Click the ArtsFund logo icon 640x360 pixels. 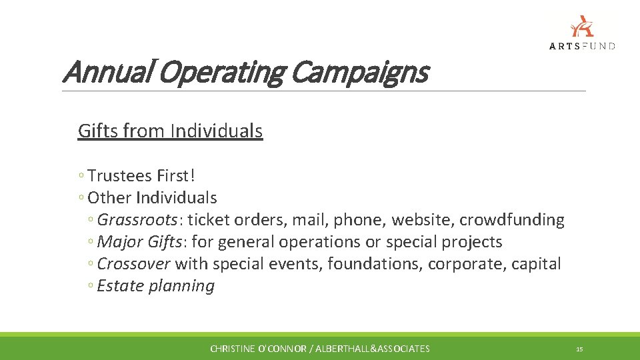pyautogui.click(x=582, y=26)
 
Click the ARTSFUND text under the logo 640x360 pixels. pyautogui.click(x=582, y=46)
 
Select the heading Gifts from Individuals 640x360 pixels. pyautogui.click(x=170, y=131)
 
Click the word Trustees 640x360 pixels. pyautogui.click(x=120, y=176)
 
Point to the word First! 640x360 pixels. pyautogui.click(x=177, y=176)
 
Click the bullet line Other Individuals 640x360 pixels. pyautogui.click(x=152, y=198)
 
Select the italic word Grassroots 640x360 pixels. pyautogui.click(x=137, y=220)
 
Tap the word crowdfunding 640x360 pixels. pyautogui.click(x=512, y=220)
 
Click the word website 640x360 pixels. pyautogui.click(x=423, y=220)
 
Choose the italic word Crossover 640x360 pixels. pyautogui.click(x=134, y=264)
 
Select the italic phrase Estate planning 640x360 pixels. pyautogui.click(x=155, y=286)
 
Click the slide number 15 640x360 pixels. pyautogui.click(x=579, y=349)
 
